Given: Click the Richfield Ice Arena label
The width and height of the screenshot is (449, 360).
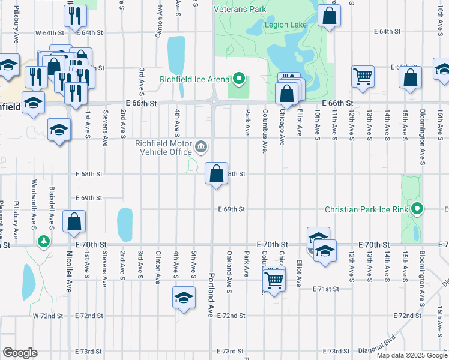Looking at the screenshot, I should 194,79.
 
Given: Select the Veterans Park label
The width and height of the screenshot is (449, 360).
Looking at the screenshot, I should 240,10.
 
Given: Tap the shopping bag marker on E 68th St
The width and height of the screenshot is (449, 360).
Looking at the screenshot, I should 216,173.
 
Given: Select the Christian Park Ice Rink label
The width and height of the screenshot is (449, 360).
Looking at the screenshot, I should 366,209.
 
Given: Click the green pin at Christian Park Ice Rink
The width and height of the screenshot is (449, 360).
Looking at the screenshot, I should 418,209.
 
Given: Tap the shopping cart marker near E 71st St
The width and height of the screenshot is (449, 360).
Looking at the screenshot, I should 274,280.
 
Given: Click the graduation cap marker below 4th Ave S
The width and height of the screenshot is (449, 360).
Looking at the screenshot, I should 184,297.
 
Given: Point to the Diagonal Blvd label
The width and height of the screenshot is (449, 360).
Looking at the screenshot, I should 376,346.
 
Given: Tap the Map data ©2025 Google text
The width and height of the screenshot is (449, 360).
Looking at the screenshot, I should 412,355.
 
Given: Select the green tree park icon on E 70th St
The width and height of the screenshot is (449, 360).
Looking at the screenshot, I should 43,242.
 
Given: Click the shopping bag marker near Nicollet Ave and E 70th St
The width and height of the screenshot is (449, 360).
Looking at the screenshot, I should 74,221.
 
